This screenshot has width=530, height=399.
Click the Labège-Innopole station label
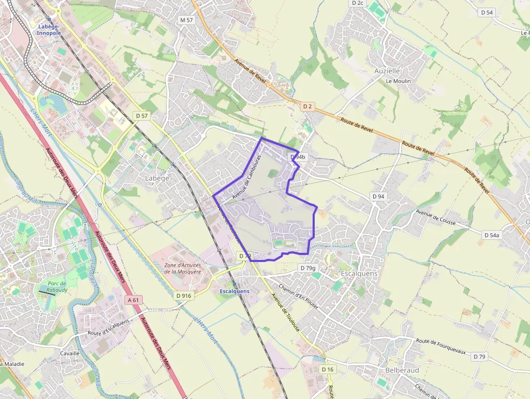[49, 29]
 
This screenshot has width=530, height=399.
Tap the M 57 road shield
[187, 20]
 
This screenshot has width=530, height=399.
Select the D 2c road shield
[358, 3]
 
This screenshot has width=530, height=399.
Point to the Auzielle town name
[387, 71]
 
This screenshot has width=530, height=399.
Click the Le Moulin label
[398, 81]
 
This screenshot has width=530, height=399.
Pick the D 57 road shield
[142, 116]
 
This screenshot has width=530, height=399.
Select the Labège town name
[157, 178]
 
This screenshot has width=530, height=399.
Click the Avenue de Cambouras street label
[247, 176]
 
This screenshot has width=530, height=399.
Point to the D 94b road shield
[298, 157]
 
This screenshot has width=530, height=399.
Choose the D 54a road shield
[492, 235]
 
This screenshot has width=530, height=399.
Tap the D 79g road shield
[308, 268]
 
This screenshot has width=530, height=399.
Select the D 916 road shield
[184, 296]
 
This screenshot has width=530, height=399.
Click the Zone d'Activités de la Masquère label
[183, 269]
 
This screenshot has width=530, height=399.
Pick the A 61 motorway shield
[134, 300]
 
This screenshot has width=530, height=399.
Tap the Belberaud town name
[402, 370]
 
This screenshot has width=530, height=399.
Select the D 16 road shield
[328, 369]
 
